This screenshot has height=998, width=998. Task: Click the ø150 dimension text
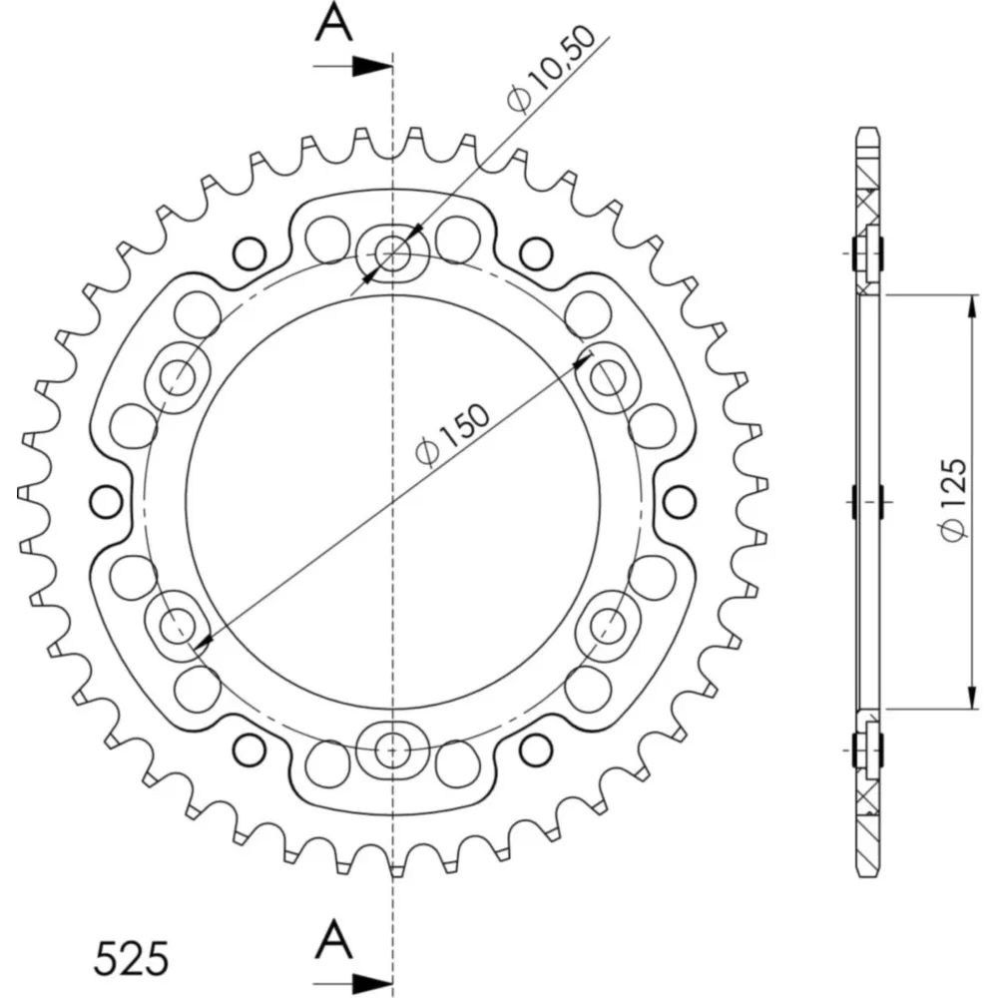tap(452, 435)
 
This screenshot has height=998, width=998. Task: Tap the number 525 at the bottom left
tap(132, 958)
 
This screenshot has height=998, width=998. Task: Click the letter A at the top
tap(334, 24)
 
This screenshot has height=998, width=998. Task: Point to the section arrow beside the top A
tap(352, 66)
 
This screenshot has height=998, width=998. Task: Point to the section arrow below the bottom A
tap(352, 982)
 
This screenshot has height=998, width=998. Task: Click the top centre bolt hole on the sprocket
tap(392, 253)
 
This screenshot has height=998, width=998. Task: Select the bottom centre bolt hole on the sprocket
tap(392, 749)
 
